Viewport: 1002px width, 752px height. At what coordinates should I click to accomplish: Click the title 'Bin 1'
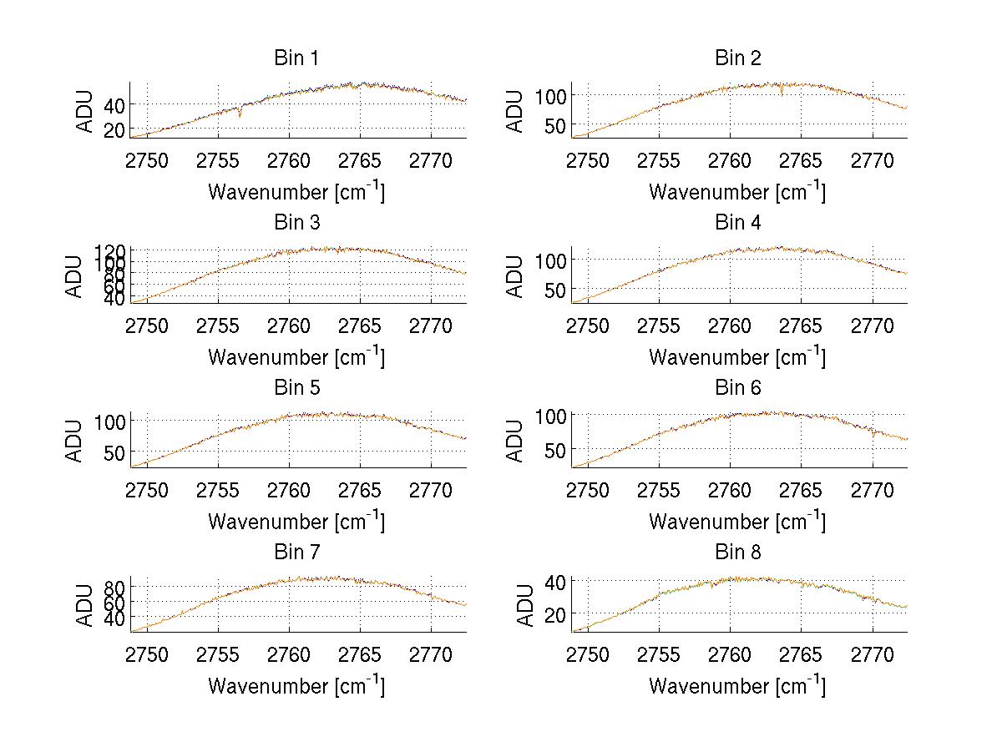pos(296,58)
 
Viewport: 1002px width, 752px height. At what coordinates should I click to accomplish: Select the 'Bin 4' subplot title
pos(738,223)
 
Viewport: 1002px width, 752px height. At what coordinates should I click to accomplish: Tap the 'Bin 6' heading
pos(738,388)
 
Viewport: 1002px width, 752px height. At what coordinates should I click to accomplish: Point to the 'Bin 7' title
pos(296,553)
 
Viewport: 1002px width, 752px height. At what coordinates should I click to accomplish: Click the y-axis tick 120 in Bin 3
pos(114,250)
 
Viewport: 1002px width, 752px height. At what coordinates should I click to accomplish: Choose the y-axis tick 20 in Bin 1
pos(114,129)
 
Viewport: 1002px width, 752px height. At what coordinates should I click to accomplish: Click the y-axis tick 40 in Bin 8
pos(556,580)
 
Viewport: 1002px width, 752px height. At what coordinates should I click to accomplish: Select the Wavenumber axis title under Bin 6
pos(736,522)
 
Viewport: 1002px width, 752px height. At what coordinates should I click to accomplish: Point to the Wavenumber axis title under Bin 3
pos(296,357)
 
